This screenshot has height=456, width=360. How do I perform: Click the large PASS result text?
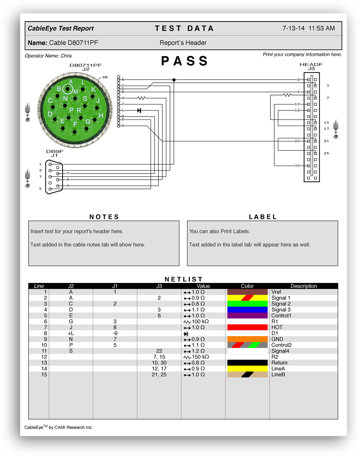184,61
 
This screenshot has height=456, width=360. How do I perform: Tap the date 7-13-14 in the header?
293,28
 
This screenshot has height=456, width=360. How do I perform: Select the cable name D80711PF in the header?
73,43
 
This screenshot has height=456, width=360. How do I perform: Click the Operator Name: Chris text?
48,56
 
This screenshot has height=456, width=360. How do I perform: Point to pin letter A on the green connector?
71,82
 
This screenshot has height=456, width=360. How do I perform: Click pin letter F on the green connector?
75,124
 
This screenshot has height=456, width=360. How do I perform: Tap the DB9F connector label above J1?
55,152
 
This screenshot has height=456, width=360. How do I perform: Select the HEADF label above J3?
311,65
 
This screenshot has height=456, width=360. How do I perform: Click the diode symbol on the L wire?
139,110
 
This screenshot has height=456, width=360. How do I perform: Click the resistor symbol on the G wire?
141,98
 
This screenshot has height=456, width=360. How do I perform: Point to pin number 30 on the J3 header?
297,166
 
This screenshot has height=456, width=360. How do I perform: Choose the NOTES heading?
104,217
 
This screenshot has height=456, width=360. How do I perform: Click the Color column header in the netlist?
247,286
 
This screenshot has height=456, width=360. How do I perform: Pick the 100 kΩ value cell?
200,321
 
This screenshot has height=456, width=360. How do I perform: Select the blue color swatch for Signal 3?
247,310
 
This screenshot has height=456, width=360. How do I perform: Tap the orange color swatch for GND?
247,339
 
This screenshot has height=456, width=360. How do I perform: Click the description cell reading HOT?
277,327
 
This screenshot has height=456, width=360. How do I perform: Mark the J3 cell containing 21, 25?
159,375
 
